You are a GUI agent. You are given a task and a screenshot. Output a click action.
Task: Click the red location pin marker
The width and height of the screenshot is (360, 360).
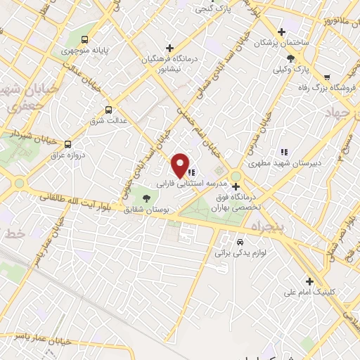pos(181,165)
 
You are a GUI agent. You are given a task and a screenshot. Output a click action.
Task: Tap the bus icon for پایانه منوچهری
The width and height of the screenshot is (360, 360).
pos(84,39)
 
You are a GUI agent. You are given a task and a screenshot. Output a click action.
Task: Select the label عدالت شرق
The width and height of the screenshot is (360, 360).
pos(110,120)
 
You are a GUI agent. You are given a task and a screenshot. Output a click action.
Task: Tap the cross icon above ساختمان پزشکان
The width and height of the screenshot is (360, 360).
pos(281,32)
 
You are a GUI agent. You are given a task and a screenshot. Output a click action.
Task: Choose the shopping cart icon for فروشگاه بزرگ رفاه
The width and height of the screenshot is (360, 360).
pos(327,76)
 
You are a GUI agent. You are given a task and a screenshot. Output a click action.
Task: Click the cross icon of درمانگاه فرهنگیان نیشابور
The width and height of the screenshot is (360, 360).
pos(169,46)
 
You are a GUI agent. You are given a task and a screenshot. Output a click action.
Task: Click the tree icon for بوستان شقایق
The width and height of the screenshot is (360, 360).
pos(146,198)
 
